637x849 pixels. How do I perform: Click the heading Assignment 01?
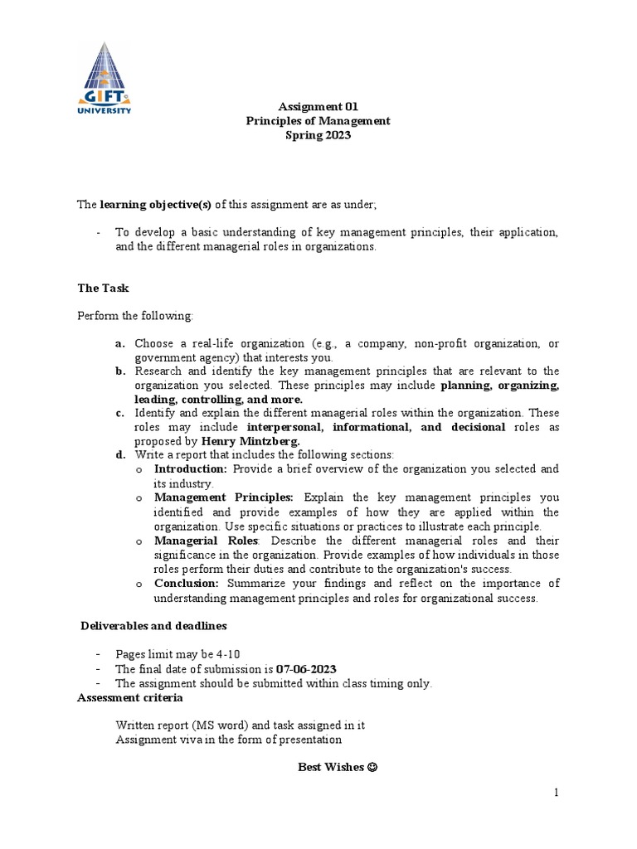pyautogui.click(x=306, y=106)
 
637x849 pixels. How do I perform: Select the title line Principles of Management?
pyautogui.click(x=318, y=121)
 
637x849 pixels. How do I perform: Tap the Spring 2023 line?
pyautogui.click(x=318, y=135)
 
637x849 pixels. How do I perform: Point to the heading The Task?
pyautogui.click(x=103, y=288)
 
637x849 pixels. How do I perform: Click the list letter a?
pyautogui.click(x=120, y=343)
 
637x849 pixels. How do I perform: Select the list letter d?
pyautogui.click(x=120, y=454)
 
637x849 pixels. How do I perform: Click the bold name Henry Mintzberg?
pyautogui.click(x=251, y=441)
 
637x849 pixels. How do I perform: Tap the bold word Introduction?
pyautogui.click(x=191, y=469)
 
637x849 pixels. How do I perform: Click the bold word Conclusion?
pyautogui.click(x=186, y=583)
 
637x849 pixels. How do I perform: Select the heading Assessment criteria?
pyautogui.click(x=122, y=697)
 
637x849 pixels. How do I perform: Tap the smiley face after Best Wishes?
pyautogui.click(x=372, y=767)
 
